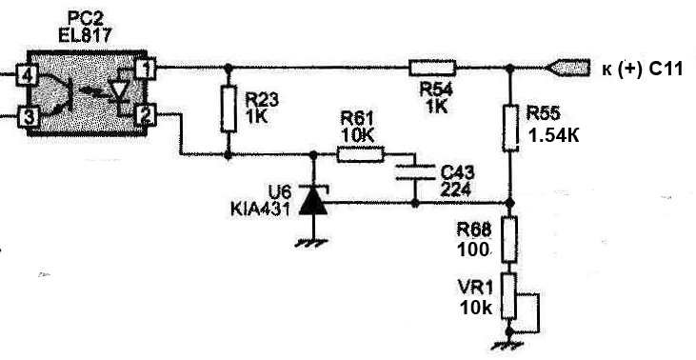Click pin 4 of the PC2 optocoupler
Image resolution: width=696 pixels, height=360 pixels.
[x=27, y=75]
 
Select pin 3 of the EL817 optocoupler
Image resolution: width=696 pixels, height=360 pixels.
[x=28, y=118]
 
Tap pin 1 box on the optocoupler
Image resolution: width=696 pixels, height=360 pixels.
[x=146, y=69]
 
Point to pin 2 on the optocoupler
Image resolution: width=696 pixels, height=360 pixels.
[x=146, y=114]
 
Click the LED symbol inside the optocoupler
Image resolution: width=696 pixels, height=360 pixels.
[x=119, y=91]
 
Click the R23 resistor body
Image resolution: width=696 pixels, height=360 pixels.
[x=229, y=110]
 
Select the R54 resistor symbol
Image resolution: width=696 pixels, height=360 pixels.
[x=432, y=68]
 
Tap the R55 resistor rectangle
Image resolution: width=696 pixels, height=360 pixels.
[x=510, y=129]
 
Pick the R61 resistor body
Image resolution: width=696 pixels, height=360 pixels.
[x=361, y=154]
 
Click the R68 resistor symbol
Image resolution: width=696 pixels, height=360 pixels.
[x=509, y=239]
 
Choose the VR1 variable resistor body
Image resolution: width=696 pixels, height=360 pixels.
[x=509, y=296]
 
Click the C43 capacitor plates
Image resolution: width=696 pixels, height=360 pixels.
[x=415, y=172]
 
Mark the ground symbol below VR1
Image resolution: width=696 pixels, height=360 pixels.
[x=509, y=345]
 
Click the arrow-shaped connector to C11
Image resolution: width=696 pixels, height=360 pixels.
[x=567, y=68]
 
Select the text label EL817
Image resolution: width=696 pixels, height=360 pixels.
[x=85, y=35]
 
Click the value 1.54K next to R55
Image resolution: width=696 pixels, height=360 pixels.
[x=554, y=135]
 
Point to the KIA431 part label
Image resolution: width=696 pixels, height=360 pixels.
[x=261, y=209]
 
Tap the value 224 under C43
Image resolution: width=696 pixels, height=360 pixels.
[x=455, y=190]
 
